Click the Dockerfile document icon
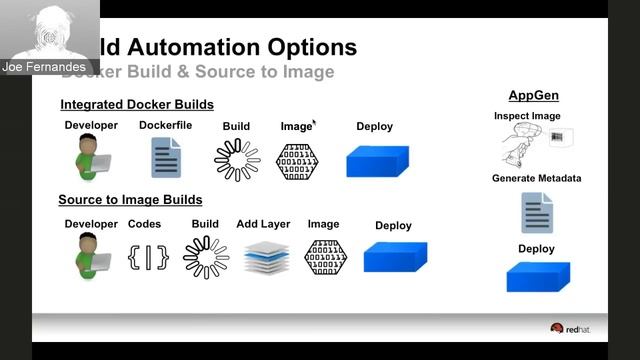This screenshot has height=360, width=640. (166, 158)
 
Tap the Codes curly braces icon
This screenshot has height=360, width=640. (148, 257)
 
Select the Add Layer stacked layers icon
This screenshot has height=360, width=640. (266, 258)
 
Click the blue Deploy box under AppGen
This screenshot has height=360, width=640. (538, 276)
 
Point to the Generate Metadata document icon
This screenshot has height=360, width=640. (537, 213)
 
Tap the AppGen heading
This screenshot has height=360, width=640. (533, 96)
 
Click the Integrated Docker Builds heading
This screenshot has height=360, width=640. (137, 104)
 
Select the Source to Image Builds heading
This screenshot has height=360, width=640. (130, 200)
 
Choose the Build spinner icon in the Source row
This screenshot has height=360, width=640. (206, 257)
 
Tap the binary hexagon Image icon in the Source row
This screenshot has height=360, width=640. (325, 257)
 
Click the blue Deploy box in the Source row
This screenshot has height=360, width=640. (395, 257)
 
